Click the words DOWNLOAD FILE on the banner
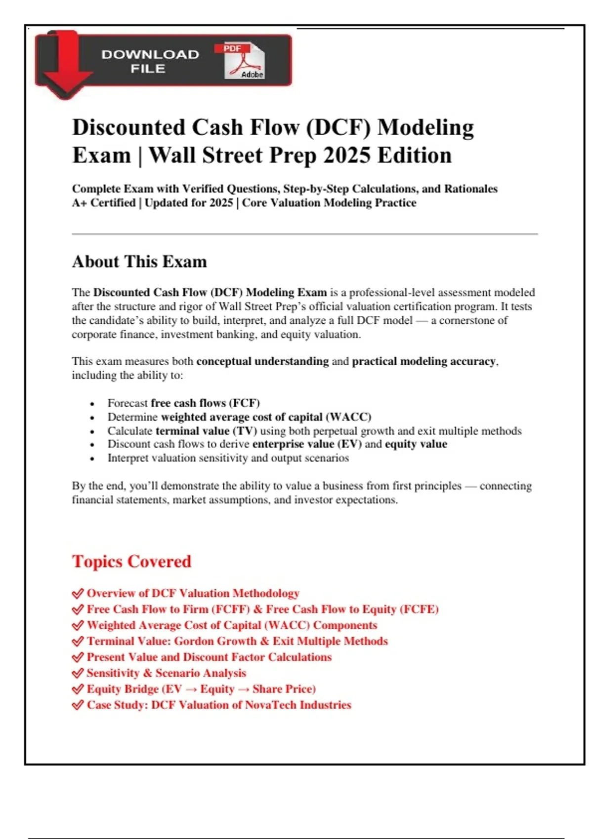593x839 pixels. click(x=150, y=62)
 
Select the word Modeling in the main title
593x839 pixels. click(x=425, y=127)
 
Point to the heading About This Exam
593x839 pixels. click(x=139, y=262)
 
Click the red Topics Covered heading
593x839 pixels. click(x=131, y=562)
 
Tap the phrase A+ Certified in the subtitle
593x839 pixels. click(x=104, y=203)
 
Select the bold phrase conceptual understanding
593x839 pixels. click(x=262, y=361)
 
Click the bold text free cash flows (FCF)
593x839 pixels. click(x=205, y=403)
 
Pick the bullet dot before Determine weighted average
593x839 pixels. click(x=92, y=418)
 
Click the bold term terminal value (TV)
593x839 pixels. click(x=206, y=431)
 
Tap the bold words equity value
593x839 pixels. click(x=416, y=444)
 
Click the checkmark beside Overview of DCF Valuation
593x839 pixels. click(x=78, y=593)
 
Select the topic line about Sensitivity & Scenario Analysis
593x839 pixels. click(x=166, y=673)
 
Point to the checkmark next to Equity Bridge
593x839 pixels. click(x=78, y=689)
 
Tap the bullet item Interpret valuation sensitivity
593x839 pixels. click(x=228, y=458)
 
